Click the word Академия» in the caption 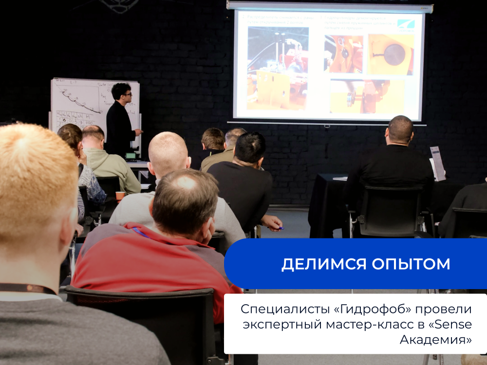point(435,339)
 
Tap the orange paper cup point(120,196)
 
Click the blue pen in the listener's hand point(281,227)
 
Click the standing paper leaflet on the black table point(437,163)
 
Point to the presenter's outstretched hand point(139,131)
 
